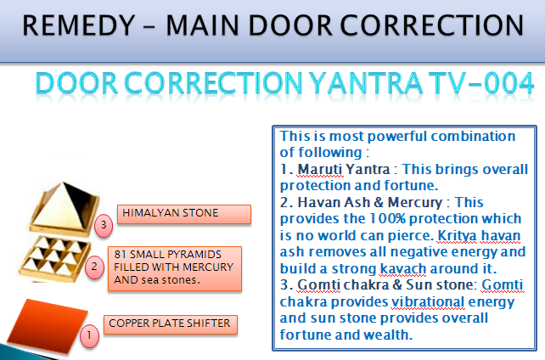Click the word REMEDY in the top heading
click(x=79, y=25)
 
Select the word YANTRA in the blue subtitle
click(x=366, y=83)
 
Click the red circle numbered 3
click(x=104, y=226)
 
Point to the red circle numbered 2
click(x=94, y=267)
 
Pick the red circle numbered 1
click(x=89, y=335)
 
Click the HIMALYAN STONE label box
click(x=184, y=214)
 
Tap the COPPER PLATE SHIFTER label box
click(x=171, y=324)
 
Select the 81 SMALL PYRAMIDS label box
click(x=175, y=268)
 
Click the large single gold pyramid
click(x=65, y=208)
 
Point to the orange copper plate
click(x=48, y=324)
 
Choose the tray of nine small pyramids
click(x=54, y=259)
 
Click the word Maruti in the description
click(x=320, y=169)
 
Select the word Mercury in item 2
click(x=415, y=202)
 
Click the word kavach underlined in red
click(x=403, y=268)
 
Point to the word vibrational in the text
click(x=428, y=301)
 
